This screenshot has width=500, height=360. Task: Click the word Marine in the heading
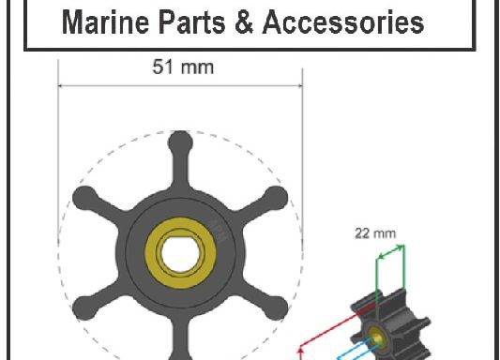point(105,22)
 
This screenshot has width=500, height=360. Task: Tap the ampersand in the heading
point(244,22)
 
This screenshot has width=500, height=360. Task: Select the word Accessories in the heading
point(343,22)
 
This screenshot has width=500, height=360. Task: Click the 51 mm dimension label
point(183,67)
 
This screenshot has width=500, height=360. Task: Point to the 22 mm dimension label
point(375,233)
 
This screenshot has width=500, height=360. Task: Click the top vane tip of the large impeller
point(180,142)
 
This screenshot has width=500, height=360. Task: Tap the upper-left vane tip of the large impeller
point(84,198)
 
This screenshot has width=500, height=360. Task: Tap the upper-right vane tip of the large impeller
point(276,198)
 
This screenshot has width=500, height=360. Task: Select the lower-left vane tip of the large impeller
point(84,307)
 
